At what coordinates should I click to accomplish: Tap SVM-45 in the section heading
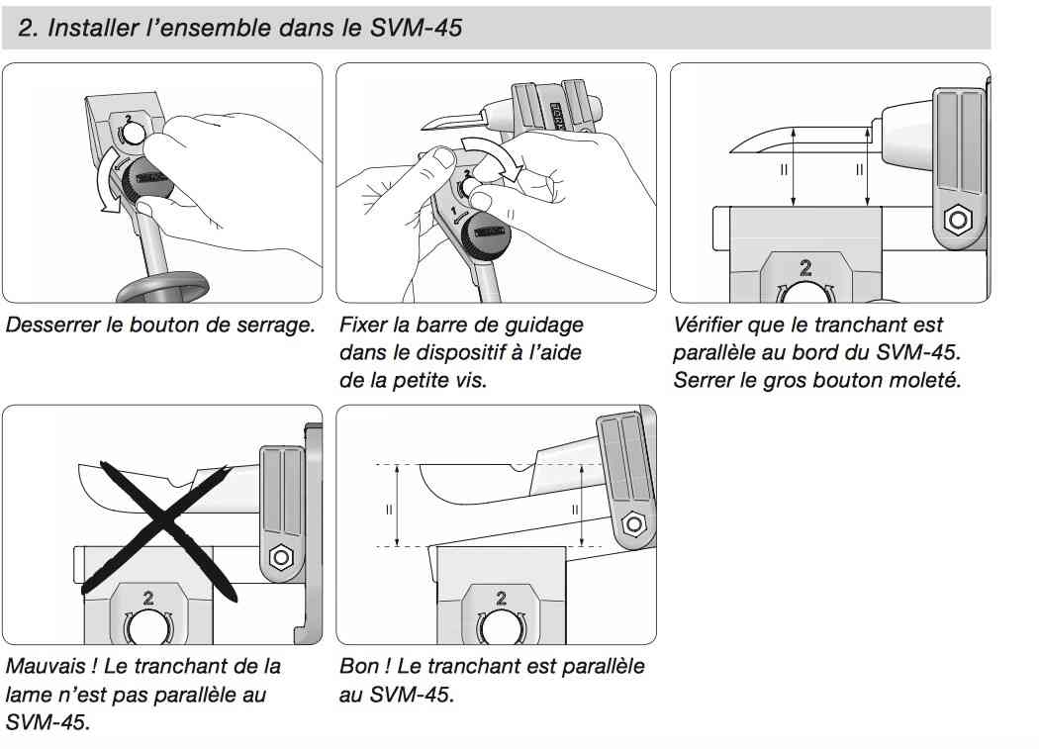[x=417, y=28]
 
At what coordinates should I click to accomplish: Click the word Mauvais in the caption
[x=46, y=666]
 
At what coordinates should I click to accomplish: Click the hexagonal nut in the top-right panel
[x=957, y=220]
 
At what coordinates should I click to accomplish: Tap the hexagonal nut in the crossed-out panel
[x=281, y=557]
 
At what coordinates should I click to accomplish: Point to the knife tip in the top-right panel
[x=730, y=151]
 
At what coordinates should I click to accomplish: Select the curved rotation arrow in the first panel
[x=110, y=180]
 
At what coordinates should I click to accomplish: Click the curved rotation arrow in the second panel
[x=493, y=155]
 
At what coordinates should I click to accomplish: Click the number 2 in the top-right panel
[x=805, y=268]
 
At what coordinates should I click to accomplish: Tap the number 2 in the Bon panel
[x=501, y=599]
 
